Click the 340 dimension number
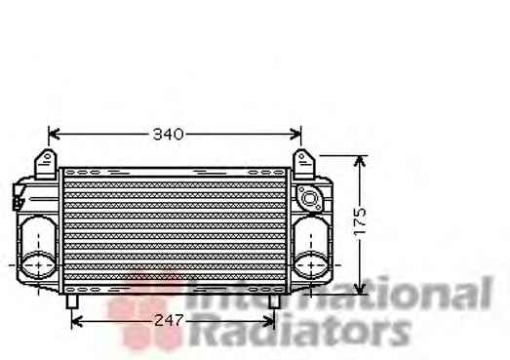[x=168, y=134]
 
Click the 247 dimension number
[x=169, y=321]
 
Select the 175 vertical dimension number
[x=360, y=221]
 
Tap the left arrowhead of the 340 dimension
[x=54, y=134]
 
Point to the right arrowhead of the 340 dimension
[x=295, y=134]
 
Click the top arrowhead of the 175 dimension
[x=360, y=161]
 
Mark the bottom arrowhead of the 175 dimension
[x=360, y=288]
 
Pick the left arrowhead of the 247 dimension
[x=76, y=322]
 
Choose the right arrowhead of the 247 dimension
[x=269, y=322]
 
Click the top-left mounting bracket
[x=46, y=164]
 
